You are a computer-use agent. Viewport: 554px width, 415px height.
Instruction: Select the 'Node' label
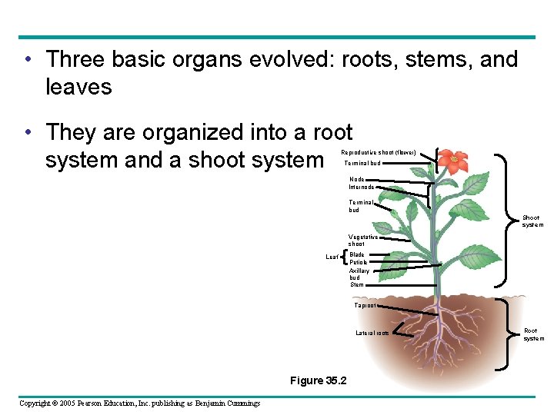point(356,179)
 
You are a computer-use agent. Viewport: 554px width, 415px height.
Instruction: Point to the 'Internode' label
point(361,187)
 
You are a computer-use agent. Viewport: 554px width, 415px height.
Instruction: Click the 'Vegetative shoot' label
point(362,241)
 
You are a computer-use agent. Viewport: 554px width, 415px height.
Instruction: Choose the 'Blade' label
point(356,254)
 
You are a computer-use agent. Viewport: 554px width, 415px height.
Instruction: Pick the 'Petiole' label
point(358,262)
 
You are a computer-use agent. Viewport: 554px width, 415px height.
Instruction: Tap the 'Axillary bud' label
point(359,274)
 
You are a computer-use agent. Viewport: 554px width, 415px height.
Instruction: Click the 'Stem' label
point(356,284)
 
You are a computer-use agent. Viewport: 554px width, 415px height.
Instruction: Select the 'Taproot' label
point(365,305)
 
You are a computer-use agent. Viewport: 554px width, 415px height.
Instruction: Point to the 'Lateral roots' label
point(372,333)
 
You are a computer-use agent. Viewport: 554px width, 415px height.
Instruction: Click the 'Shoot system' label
point(532,221)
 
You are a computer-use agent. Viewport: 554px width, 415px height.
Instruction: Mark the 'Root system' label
point(533,334)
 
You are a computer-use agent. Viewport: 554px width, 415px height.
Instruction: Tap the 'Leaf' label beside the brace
point(332,257)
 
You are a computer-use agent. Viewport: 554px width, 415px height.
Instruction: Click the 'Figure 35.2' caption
point(318,380)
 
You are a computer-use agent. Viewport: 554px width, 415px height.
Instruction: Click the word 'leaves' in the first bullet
point(78,87)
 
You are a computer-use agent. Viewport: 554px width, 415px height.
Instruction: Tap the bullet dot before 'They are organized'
point(27,133)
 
